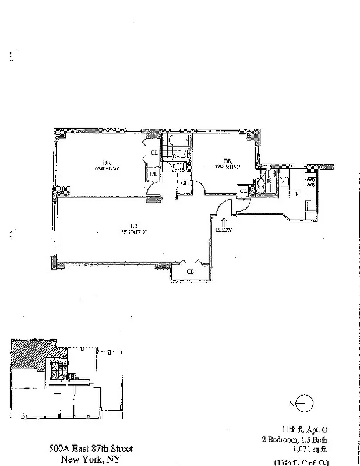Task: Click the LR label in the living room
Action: click(x=133, y=225)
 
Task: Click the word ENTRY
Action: click(x=224, y=230)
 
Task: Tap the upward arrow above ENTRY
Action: click(x=224, y=221)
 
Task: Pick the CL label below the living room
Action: click(x=190, y=271)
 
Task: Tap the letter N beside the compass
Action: click(x=291, y=403)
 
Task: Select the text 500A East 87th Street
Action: click(x=90, y=449)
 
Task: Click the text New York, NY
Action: click(x=90, y=458)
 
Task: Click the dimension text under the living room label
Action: click(x=133, y=231)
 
